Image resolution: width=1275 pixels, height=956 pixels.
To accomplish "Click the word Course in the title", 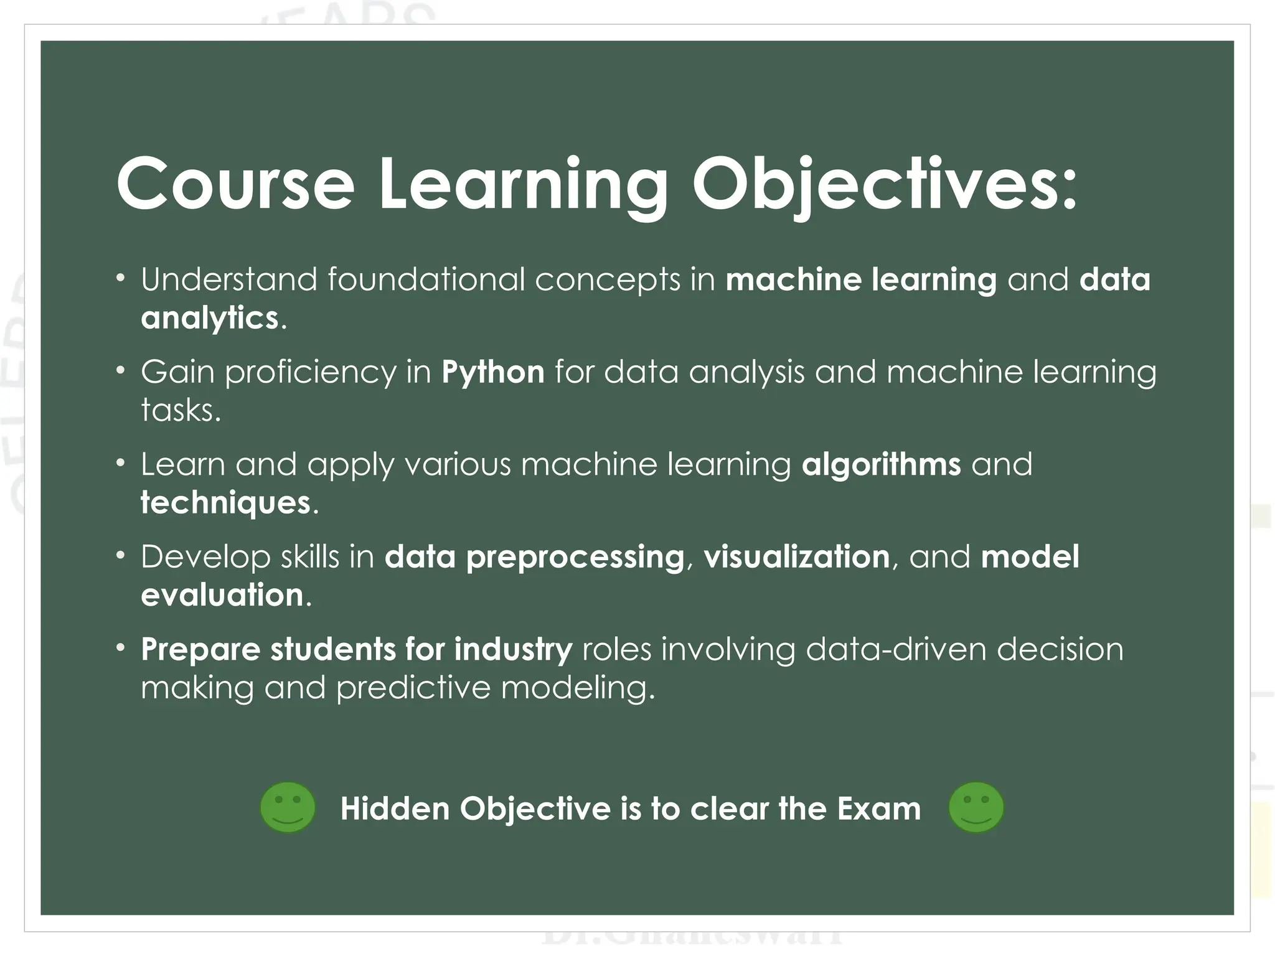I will pyautogui.click(x=235, y=184).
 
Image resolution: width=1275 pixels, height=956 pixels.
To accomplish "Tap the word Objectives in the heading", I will pyautogui.click(x=884, y=184).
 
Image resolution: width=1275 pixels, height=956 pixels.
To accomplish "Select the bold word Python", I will pyautogui.click(x=492, y=372).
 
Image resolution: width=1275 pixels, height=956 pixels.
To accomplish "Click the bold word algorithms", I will pyautogui.click(x=881, y=465).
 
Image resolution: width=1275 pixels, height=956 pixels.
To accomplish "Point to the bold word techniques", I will pyautogui.click(x=225, y=503).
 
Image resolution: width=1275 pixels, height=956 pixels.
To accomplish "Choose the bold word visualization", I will pyautogui.click(x=796, y=556).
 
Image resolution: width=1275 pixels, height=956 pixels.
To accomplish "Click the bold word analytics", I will pyautogui.click(x=209, y=318).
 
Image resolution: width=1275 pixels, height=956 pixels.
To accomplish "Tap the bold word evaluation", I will pyautogui.click(x=222, y=595).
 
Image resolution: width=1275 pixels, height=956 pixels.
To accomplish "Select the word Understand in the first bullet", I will pyautogui.click(x=228, y=279).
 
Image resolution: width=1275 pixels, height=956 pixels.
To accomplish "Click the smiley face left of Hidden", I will pyautogui.click(x=288, y=808).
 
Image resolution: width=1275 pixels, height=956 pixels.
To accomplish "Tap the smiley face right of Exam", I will pyautogui.click(x=976, y=808).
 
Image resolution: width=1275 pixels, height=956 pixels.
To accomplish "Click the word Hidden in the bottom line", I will pyautogui.click(x=395, y=809).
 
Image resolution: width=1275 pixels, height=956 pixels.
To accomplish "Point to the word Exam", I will pyautogui.click(x=878, y=809).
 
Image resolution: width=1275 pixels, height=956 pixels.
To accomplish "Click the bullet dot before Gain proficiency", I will pyautogui.click(x=121, y=372).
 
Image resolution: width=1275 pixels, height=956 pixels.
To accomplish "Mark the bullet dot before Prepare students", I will pyautogui.click(x=121, y=649).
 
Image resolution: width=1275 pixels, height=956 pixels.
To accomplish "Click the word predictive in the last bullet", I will pyautogui.click(x=413, y=688).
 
